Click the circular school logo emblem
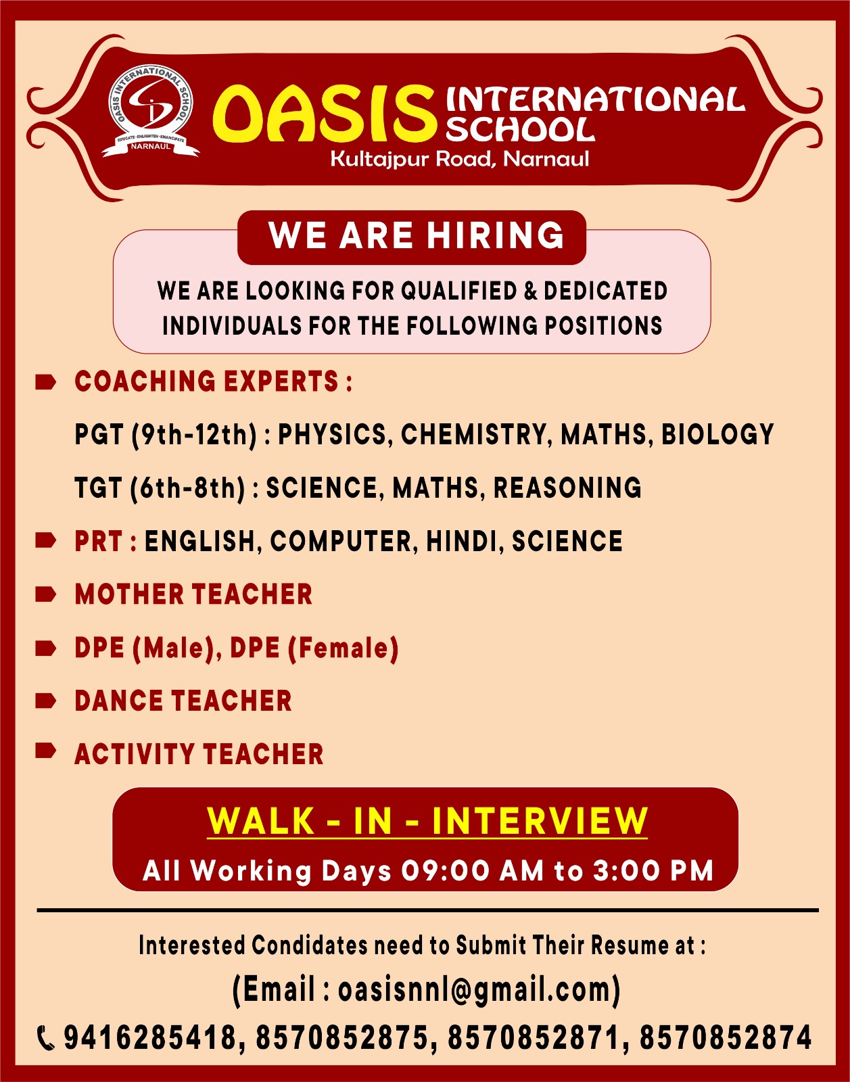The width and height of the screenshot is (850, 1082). pyautogui.click(x=151, y=110)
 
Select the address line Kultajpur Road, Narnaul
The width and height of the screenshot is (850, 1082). pyautogui.click(x=460, y=160)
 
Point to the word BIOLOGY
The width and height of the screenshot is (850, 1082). pyautogui.click(x=717, y=434)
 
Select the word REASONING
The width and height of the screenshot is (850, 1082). pyautogui.click(x=567, y=488)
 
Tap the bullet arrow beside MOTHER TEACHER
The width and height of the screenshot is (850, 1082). pyautogui.click(x=46, y=594)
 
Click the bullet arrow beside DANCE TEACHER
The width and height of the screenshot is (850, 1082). pyautogui.click(x=46, y=701)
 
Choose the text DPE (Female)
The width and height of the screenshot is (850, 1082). pyautogui.click(x=314, y=649)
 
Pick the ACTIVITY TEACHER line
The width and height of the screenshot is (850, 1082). pyautogui.click(x=199, y=755)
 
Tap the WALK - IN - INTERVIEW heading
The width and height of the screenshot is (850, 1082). pyautogui.click(x=427, y=821)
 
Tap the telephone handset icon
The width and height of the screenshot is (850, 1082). pyautogui.click(x=46, y=1039)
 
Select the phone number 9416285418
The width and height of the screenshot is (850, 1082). pyautogui.click(x=149, y=1037)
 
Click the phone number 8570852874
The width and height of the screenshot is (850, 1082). pyautogui.click(x=726, y=1037)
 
